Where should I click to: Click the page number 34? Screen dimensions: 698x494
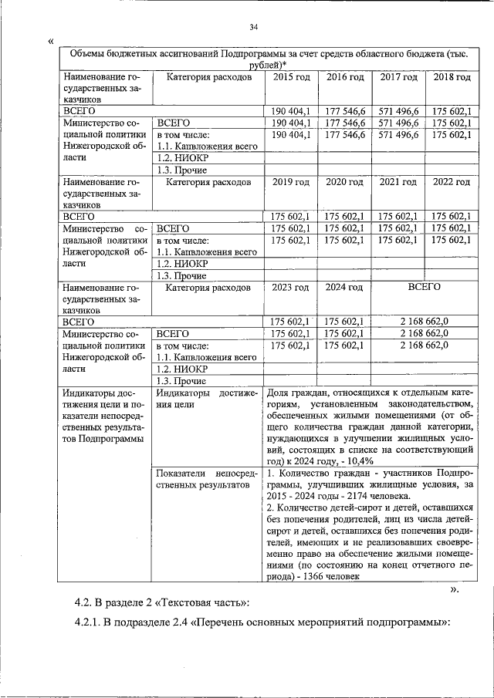[253, 29]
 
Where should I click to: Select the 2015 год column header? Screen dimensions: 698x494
[292, 78]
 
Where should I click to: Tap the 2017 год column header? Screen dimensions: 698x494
[399, 78]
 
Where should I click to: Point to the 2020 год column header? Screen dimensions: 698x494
[344, 183]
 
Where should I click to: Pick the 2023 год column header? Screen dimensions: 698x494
[292, 288]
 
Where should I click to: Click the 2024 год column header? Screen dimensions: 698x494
[344, 288]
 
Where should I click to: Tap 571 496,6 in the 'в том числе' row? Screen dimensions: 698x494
[399, 135]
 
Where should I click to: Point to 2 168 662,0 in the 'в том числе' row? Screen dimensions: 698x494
[424, 346]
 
